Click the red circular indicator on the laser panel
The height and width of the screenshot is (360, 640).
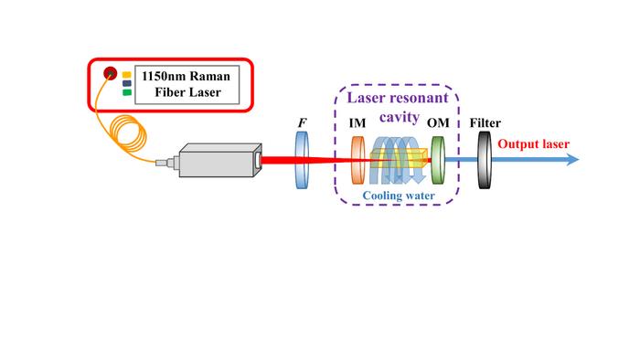tap(110, 73)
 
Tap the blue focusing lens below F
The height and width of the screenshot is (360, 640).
tap(302, 161)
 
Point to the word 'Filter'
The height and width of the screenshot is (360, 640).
tap(484, 122)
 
